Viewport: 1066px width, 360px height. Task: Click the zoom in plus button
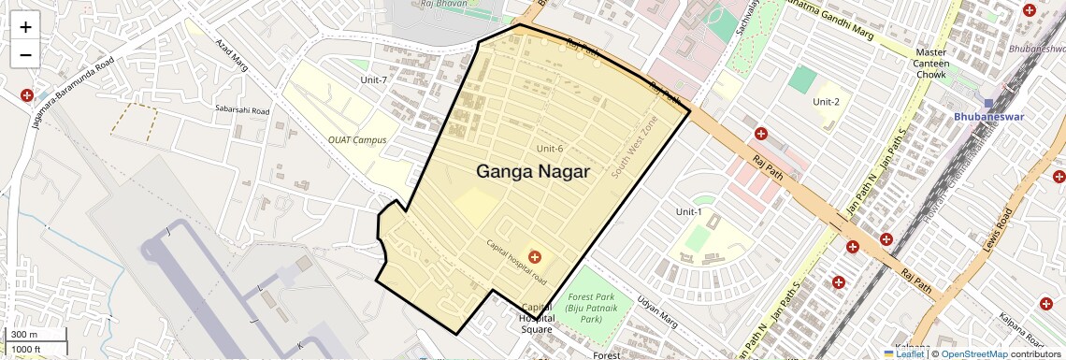pos(25,27)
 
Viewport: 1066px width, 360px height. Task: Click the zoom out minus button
pos(25,55)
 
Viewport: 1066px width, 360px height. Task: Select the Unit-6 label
pos(550,149)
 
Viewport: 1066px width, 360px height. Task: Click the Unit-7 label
pos(374,79)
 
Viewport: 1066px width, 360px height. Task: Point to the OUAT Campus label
pos(357,139)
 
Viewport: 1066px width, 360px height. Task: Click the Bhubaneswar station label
pos(988,117)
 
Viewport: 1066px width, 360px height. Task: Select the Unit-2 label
pos(826,101)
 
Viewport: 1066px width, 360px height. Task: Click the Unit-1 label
pos(689,212)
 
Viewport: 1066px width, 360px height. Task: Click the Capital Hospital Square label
pos(536,318)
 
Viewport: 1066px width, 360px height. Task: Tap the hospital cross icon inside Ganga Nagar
pos(535,255)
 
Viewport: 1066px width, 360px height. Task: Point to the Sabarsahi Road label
pos(241,110)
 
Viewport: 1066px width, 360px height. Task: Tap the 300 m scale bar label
pos(22,335)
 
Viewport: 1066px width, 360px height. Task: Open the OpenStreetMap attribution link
pos(973,353)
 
